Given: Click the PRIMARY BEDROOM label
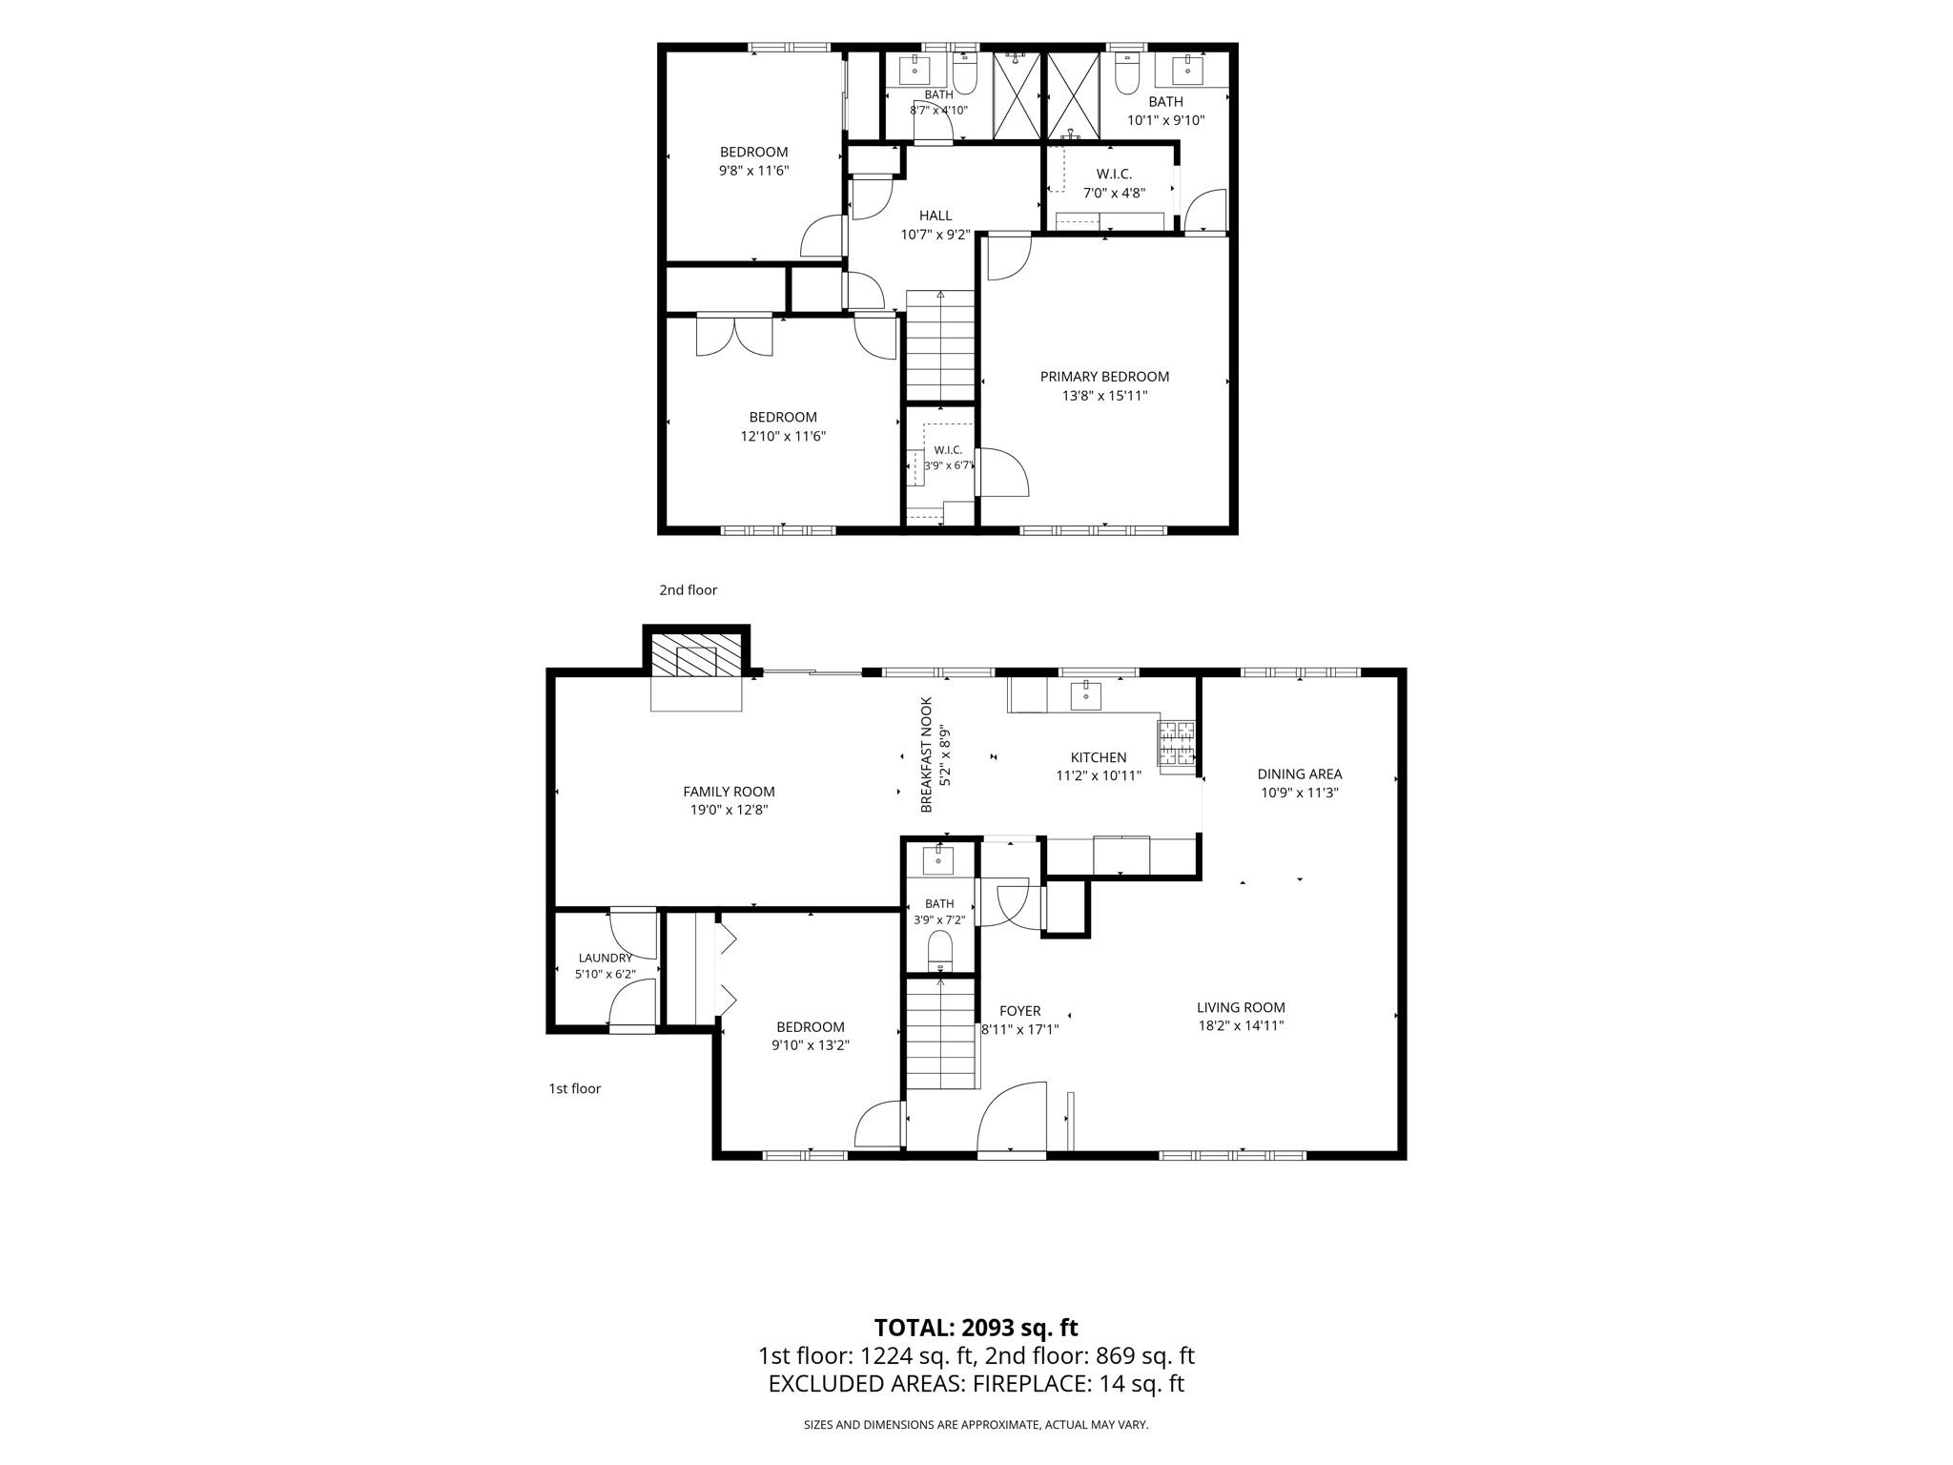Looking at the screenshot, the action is (1104, 377).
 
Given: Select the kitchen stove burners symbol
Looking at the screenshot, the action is (1177, 743).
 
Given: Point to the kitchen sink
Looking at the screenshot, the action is (1085, 695).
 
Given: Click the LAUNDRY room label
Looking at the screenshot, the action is (606, 958).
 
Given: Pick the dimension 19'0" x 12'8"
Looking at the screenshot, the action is (730, 810).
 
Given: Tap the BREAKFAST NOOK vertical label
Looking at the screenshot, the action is (926, 754).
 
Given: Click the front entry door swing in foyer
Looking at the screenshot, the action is (1012, 1118).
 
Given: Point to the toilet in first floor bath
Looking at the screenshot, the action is (940, 950).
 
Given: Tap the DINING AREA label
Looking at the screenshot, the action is (1300, 774).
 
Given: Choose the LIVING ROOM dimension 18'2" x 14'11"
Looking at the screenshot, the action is (1242, 1025).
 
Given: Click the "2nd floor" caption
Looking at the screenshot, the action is (689, 590).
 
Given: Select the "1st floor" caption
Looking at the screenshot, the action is (575, 1088).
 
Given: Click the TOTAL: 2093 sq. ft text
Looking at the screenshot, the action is (976, 1328).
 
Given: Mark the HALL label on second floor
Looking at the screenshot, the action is (935, 216).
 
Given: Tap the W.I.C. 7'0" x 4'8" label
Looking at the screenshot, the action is (1114, 183).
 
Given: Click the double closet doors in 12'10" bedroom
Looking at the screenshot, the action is (734, 336).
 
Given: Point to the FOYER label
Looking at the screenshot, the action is (1019, 1011).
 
